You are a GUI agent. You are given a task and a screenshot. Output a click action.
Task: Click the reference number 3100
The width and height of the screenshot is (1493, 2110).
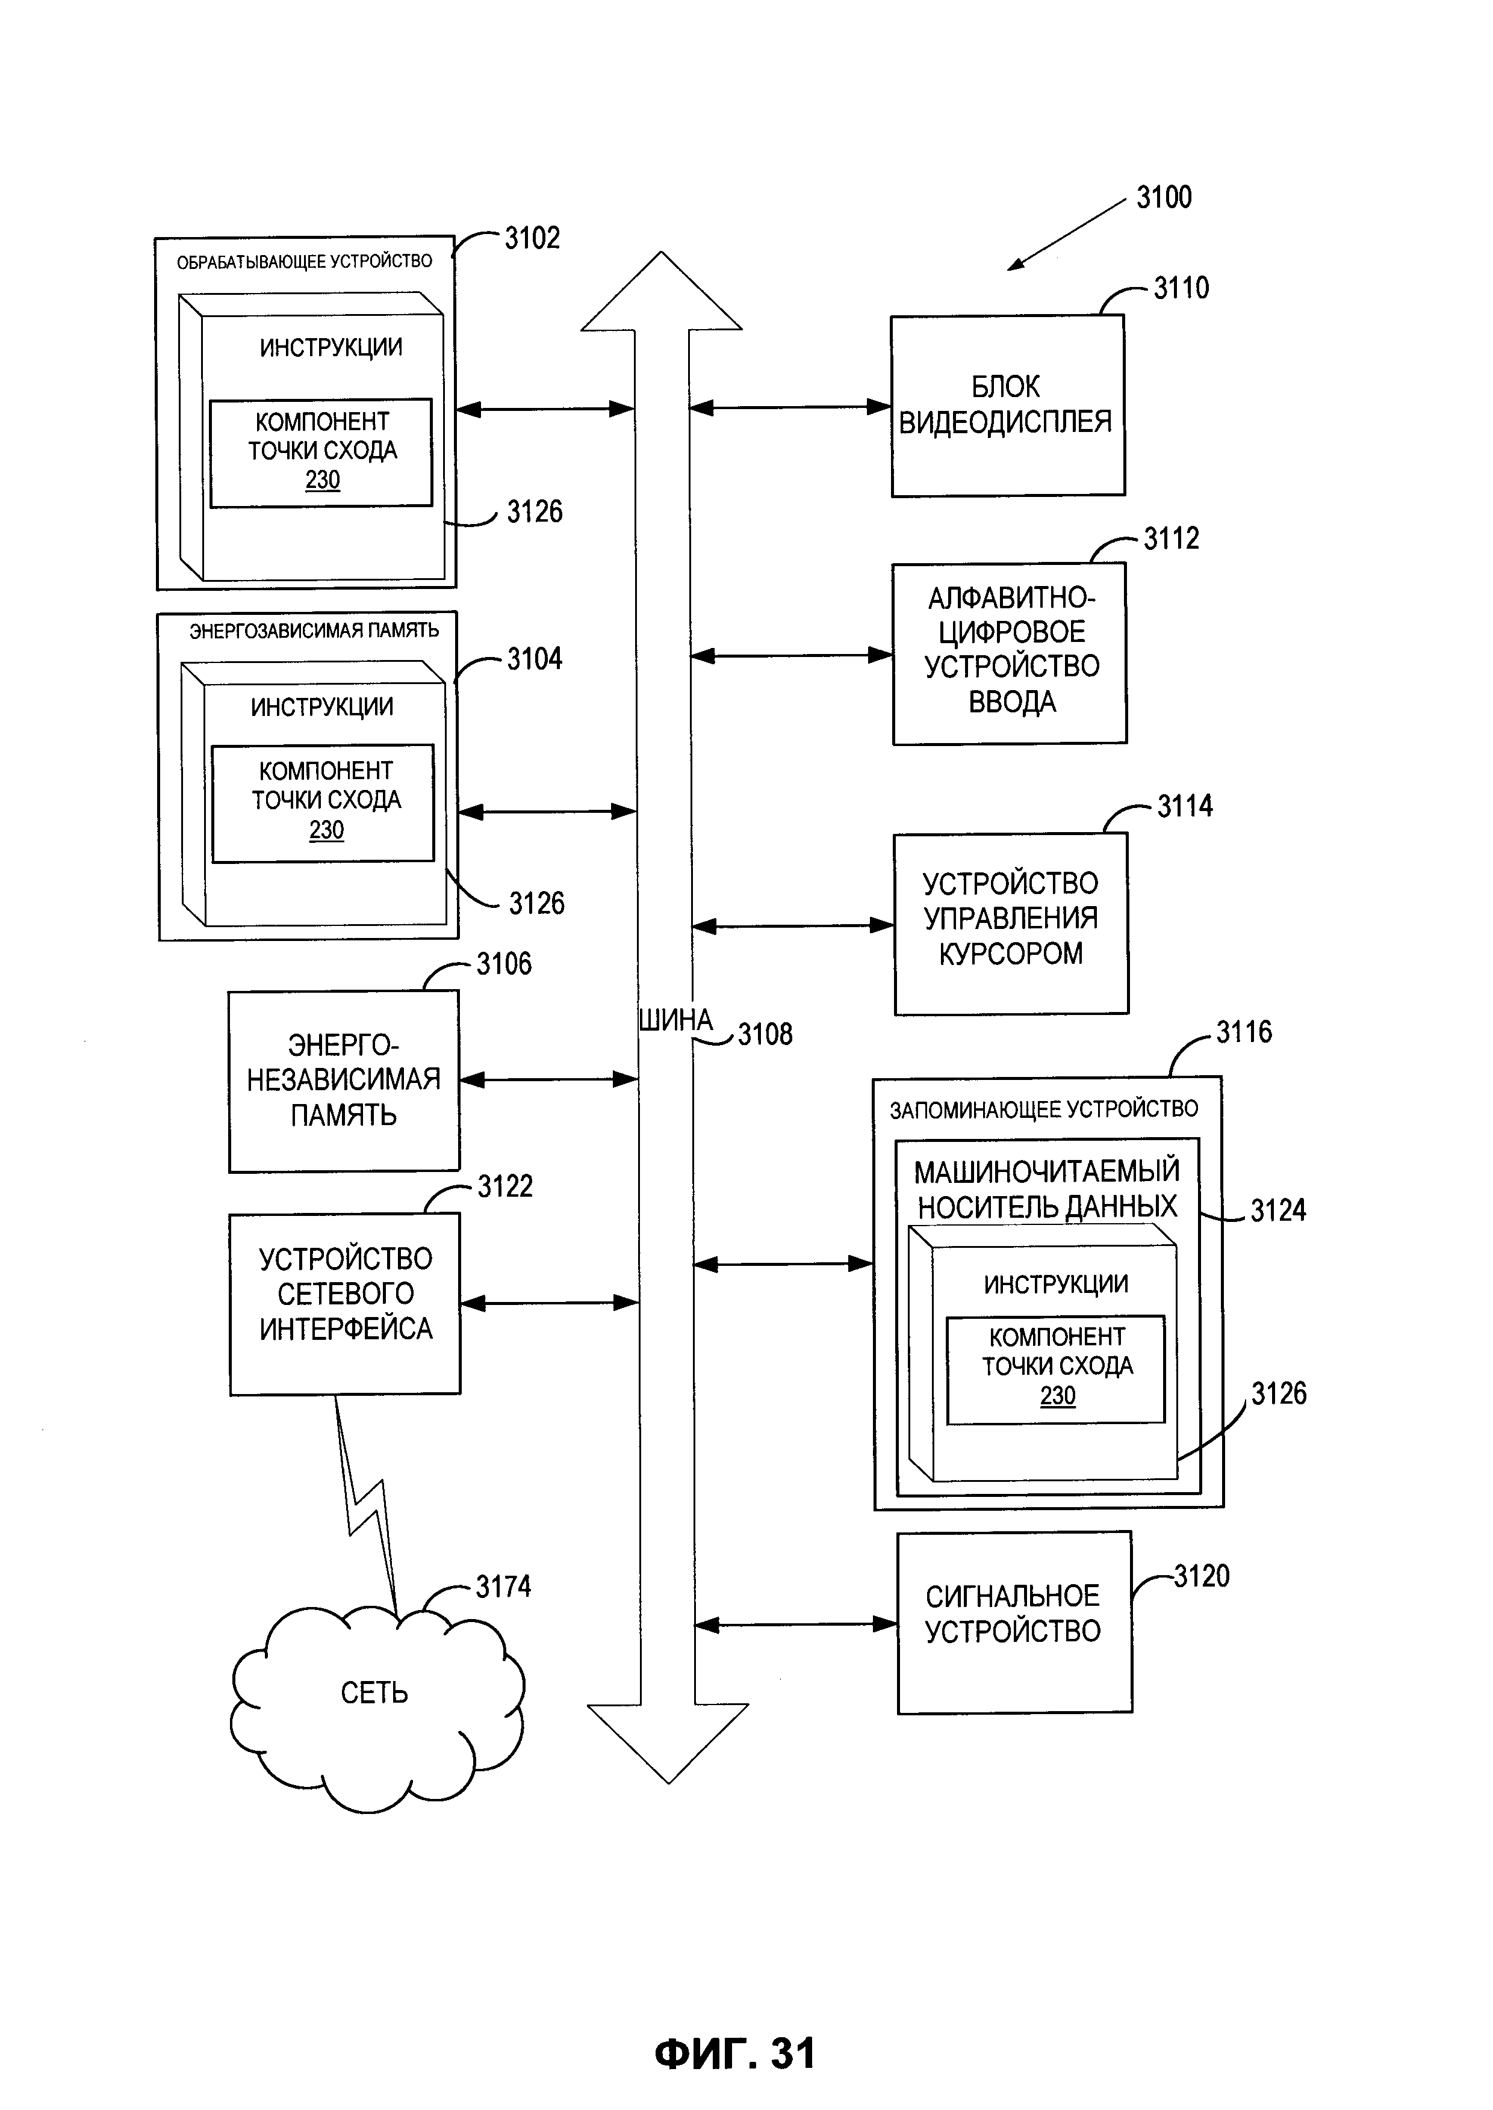[x=1163, y=197]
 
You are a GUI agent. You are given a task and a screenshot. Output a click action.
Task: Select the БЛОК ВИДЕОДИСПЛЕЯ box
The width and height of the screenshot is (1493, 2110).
[x=1007, y=406]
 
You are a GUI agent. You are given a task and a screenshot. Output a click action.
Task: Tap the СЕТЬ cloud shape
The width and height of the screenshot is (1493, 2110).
[x=375, y=1693]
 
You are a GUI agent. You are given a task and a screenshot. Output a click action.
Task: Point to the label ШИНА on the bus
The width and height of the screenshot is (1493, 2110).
[x=675, y=1020]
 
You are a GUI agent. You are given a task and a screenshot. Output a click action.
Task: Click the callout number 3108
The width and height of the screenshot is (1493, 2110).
[x=765, y=1035]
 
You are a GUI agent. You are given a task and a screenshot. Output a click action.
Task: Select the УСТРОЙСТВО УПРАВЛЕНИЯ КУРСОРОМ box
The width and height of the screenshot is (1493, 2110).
[x=1010, y=923]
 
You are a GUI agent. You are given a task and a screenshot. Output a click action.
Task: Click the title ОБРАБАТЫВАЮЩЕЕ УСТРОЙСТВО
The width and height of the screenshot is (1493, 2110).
[x=304, y=262]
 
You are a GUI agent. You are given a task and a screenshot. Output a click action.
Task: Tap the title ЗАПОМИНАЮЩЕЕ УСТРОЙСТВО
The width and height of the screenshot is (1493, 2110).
[x=1043, y=1110]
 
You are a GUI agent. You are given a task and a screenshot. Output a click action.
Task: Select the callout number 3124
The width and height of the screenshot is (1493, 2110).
[x=1278, y=1211]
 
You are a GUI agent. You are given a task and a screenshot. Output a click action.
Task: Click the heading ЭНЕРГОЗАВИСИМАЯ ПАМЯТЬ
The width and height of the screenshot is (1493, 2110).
[x=314, y=631]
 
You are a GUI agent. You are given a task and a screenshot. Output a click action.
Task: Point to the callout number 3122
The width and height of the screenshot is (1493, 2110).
[x=504, y=1186]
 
